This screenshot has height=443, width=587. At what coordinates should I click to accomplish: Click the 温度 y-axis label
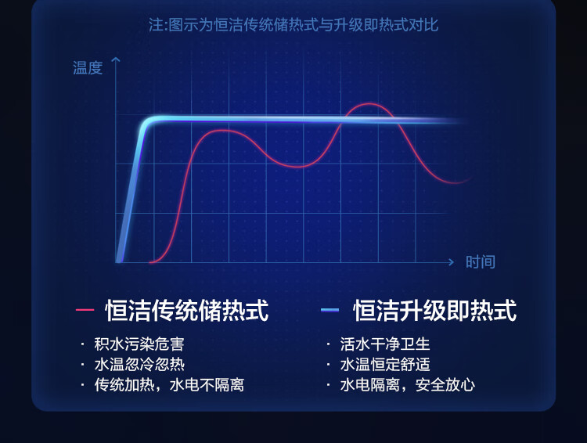(x=88, y=68)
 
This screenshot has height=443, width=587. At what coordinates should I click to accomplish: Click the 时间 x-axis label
(x=481, y=261)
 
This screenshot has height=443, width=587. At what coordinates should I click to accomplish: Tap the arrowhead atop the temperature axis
(x=116, y=60)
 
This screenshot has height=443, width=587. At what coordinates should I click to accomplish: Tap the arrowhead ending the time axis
(x=452, y=262)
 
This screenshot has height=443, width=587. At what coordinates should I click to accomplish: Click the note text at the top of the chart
(x=293, y=25)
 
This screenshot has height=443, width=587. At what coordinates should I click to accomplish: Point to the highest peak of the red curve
(x=369, y=104)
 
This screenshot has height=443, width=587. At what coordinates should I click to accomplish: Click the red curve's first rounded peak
(x=222, y=131)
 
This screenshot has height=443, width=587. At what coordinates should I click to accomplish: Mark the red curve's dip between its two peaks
(x=297, y=166)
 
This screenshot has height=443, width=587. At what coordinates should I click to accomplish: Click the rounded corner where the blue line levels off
(x=148, y=121)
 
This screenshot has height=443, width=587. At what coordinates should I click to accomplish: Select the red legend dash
(x=85, y=310)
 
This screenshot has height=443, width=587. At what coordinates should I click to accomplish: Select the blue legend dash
(x=330, y=310)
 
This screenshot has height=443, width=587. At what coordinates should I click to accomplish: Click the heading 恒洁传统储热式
(x=187, y=311)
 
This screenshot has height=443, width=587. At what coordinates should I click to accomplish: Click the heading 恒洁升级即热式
(x=435, y=311)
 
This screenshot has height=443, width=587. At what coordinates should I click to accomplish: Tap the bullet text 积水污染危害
(x=139, y=344)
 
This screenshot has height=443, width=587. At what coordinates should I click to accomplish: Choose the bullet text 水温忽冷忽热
(x=139, y=365)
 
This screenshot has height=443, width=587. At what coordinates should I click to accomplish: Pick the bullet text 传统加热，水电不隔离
(x=169, y=385)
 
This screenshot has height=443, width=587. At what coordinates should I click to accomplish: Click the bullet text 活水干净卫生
(x=385, y=344)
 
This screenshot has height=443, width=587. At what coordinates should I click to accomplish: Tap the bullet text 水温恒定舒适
(x=385, y=365)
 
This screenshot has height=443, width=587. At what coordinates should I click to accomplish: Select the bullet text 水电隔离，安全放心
(x=408, y=385)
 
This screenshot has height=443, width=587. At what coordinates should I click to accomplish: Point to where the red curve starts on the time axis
(x=151, y=262)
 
